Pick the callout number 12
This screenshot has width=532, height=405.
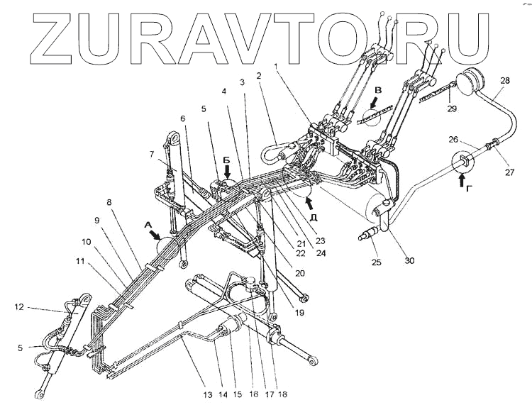tap(19, 307)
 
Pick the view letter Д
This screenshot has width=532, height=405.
tap(314, 216)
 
